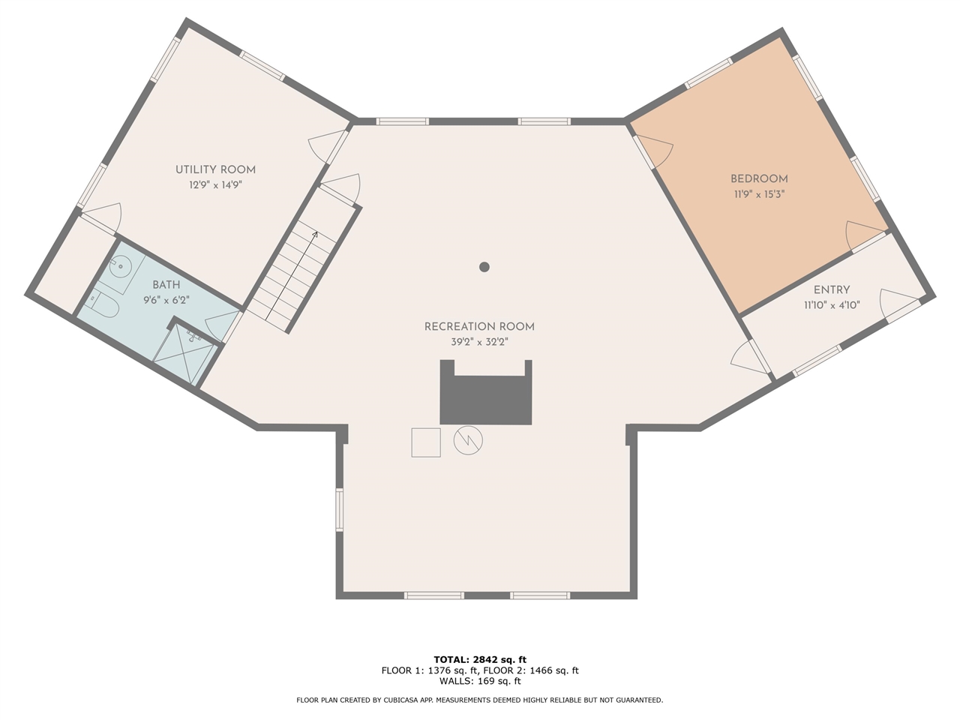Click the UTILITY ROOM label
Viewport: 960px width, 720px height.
pyautogui.click(x=215, y=169)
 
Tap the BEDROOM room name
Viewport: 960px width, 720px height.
pyautogui.click(x=759, y=178)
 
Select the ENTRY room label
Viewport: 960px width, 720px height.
pyautogui.click(x=832, y=289)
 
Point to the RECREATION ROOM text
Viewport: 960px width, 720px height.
pyautogui.click(x=479, y=326)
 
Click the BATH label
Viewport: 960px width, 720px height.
pyautogui.click(x=166, y=285)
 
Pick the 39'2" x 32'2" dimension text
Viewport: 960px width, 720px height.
pyautogui.click(x=479, y=342)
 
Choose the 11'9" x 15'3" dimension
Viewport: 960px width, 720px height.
pyautogui.click(x=759, y=194)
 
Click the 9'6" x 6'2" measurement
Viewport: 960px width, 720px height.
pyautogui.click(x=166, y=300)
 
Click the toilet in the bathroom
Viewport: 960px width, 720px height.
pyautogui.click(x=105, y=304)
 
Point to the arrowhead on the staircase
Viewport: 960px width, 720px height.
pyautogui.click(x=315, y=235)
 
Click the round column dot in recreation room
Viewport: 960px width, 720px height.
pyautogui.click(x=484, y=267)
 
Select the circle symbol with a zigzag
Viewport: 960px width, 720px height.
pyautogui.click(x=468, y=440)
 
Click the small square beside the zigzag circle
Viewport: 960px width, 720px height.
pyautogui.click(x=426, y=442)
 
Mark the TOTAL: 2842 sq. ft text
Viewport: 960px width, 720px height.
pyautogui.click(x=480, y=660)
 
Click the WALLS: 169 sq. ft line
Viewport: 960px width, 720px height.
pyautogui.click(x=480, y=681)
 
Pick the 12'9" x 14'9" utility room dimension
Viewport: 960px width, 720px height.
pyautogui.click(x=215, y=185)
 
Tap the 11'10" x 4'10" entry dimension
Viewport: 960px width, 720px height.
pyautogui.click(x=832, y=305)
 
